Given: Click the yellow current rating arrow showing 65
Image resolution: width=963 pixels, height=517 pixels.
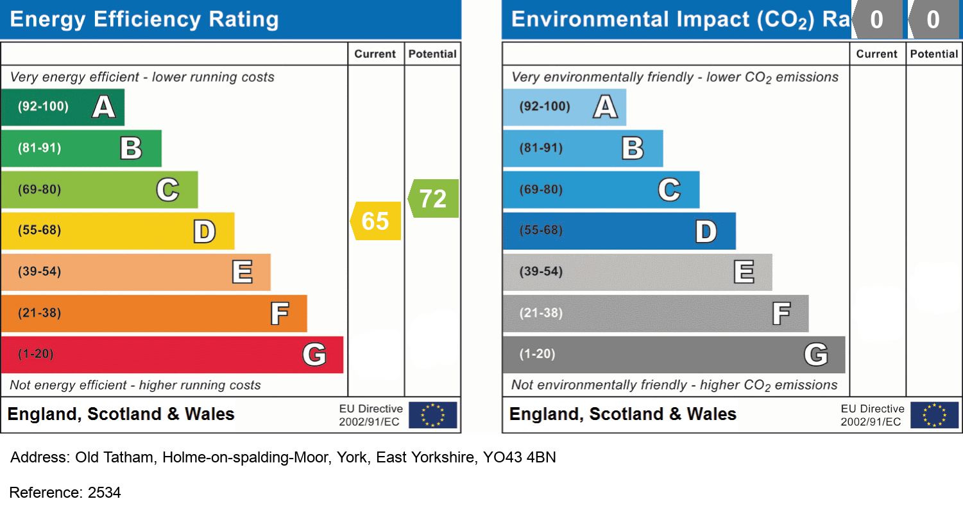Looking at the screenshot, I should (x=376, y=221).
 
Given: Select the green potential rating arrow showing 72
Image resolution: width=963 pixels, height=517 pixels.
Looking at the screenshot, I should (x=434, y=198).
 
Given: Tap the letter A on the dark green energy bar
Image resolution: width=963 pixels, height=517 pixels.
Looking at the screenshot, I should (x=104, y=107).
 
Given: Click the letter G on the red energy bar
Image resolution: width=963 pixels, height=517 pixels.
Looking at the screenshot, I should (x=314, y=355).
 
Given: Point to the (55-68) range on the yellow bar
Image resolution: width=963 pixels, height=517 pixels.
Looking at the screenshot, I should (x=39, y=231).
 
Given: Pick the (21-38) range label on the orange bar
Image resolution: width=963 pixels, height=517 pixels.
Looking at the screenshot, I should (x=39, y=313).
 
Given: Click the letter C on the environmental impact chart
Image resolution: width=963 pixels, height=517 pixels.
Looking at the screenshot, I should (x=669, y=189).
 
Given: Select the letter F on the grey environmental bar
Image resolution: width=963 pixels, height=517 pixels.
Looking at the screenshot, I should (x=781, y=313).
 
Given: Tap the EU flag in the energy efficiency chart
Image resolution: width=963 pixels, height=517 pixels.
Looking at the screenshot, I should (x=433, y=415).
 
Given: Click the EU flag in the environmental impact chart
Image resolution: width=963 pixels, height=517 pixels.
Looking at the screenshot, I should (x=935, y=415).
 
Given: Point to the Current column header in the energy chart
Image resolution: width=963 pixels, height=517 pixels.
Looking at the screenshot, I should (x=375, y=54).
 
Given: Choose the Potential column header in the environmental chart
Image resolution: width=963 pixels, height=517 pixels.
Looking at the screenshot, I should (x=934, y=54).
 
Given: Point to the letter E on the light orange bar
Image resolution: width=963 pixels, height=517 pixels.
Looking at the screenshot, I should (x=242, y=272).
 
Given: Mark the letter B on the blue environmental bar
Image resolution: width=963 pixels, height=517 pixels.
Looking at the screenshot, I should (x=633, y=148).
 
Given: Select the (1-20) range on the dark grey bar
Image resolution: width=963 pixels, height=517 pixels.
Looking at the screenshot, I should (x=537, y=355).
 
